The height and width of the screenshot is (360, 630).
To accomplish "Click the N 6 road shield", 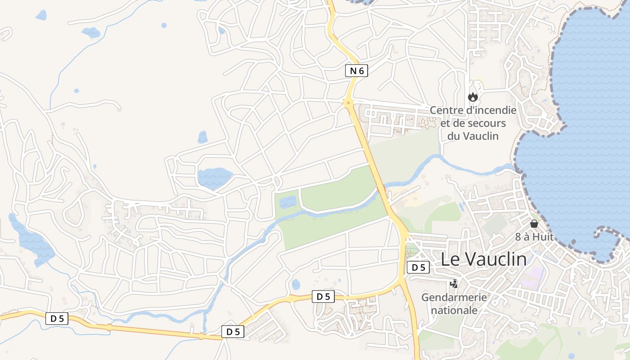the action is (357, 71).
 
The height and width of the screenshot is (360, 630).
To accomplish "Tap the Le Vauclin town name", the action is (483, 259).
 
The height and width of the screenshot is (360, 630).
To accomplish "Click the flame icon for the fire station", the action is (472, 97).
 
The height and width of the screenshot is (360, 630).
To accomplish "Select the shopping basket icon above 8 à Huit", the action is (534, 224).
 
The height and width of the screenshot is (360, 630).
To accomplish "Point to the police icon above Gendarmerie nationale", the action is (454, 284).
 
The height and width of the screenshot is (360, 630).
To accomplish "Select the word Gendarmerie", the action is (454, 297).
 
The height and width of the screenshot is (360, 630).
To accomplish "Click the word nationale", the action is (454, 310).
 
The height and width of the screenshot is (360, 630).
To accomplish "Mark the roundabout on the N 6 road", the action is (348, 103).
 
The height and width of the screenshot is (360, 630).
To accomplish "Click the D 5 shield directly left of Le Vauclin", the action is (418, 267).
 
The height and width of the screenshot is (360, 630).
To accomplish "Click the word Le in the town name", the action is (450, 259).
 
